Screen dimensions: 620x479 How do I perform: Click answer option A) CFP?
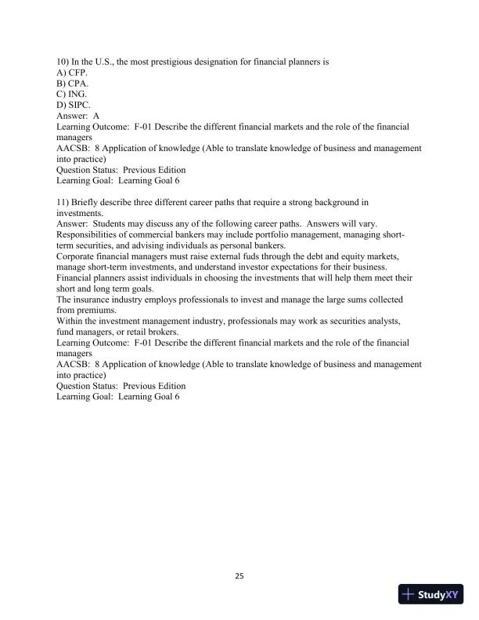click(72, 71)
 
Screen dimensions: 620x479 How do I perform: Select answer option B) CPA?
click(72, 82)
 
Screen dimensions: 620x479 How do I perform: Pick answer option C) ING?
click(72, 93)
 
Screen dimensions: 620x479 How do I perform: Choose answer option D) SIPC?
click(74, 104)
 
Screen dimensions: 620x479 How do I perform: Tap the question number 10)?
click(63, 60)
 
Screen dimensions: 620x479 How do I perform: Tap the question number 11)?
click(63, 202)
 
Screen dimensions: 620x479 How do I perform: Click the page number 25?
click(239, 577)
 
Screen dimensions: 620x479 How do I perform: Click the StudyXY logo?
click(430, 595)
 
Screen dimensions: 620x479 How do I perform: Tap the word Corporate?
click(77, 256)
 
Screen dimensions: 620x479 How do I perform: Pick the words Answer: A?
click(77, 115)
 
